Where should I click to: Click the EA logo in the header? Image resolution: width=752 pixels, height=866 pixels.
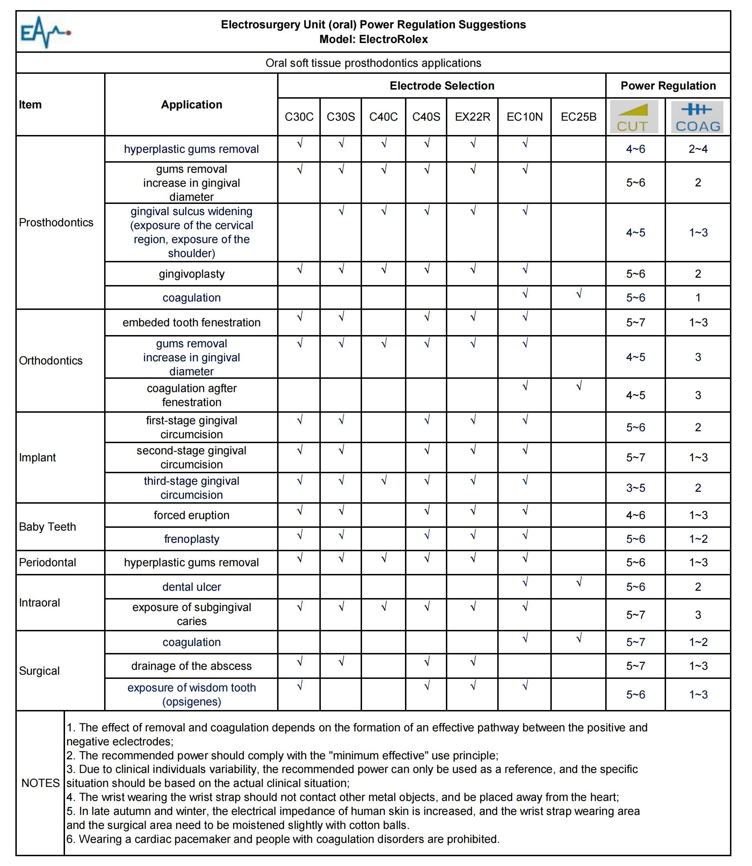(45, 32)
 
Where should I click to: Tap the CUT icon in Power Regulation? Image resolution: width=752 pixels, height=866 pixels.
(635, 117)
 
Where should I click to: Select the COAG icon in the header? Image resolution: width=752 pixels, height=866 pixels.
(697, 117)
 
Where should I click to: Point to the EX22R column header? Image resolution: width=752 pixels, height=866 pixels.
(472, 117)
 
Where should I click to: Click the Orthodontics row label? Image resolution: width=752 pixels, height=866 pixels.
(51, 360)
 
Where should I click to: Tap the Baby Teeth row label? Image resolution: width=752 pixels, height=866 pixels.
(48, 527)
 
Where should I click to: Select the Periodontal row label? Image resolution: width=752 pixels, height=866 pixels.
(48, 562)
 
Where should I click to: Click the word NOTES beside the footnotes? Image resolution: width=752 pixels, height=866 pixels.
(41, 783)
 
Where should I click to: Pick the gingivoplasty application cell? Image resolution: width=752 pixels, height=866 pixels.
(191, 274)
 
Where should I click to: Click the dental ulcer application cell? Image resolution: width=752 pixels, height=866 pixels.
(191, 587)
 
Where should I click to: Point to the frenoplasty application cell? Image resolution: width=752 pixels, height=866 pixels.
(191, 539)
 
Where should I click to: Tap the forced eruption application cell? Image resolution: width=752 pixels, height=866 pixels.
(191, 515)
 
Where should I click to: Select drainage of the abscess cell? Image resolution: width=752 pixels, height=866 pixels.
(191, 666)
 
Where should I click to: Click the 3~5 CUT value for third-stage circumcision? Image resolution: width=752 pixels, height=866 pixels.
(635, 488)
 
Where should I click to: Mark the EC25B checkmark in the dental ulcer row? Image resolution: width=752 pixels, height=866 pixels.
(579, 582)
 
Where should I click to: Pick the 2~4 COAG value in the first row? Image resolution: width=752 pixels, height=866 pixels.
(698, 149)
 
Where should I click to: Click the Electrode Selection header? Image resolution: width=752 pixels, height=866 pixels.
(442, 86)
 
